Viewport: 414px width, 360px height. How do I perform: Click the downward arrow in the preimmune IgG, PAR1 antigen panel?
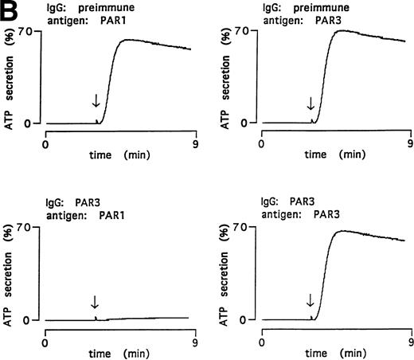(96, 100)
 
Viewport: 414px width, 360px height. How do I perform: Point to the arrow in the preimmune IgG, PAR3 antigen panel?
(310, 103)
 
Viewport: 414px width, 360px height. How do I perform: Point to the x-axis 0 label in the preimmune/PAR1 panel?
(45, 145)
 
